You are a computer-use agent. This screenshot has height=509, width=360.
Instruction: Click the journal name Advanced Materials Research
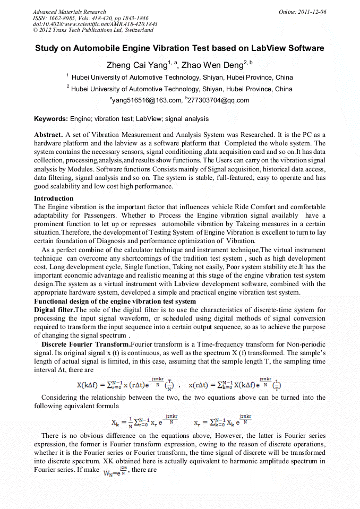pos(69,12)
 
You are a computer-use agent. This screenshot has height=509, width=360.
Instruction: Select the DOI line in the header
pos(95,24)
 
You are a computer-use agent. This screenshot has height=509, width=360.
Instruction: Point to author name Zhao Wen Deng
pos(211,65)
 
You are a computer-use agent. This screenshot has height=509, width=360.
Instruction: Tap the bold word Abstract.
pos(48,135)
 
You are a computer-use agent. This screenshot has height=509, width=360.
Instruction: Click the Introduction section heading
pos(54,199)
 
